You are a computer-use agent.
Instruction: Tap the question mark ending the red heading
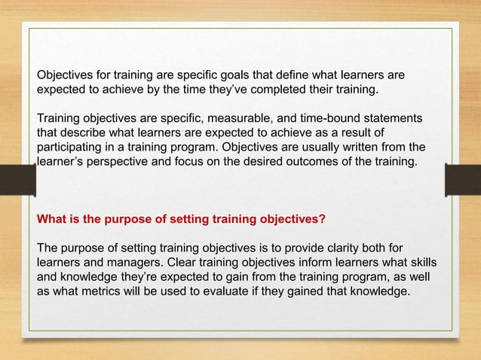(323, 220)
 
